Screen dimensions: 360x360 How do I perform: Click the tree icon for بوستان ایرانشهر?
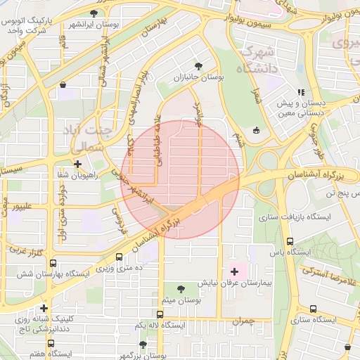pyautogui.click(x=94, y=13)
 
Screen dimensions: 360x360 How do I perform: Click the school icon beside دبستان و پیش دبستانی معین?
pyautogui.click(x=301, y=92)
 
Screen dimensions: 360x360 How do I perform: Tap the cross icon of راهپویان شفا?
pyautogui.click(x=77, y=164)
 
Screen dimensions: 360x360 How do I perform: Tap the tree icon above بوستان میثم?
pyautogui.click(x=181, y=288)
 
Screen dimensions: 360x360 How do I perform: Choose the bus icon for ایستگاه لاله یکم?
pyautogui.click(x=161, y=314)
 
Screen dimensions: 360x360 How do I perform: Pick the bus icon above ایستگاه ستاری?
pyautogui.click(x=312, y=308)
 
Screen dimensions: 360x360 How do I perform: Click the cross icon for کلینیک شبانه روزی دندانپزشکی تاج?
pyautogui.click(x=44, y=308)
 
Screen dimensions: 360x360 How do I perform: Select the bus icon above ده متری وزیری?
pyautogui.click(x=119, y=257)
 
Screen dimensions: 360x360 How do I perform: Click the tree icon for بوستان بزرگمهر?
pyautogui.click(x=143, y=345)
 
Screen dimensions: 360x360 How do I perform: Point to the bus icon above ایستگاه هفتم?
pyautogui.click(x=51, y=343)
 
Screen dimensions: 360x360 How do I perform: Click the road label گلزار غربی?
pyautogui.click(x=27, y=251)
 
